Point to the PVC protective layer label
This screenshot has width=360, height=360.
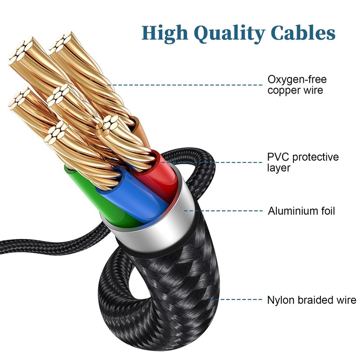302,162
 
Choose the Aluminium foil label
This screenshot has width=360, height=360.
301,211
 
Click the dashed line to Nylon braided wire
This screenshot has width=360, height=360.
238,299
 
